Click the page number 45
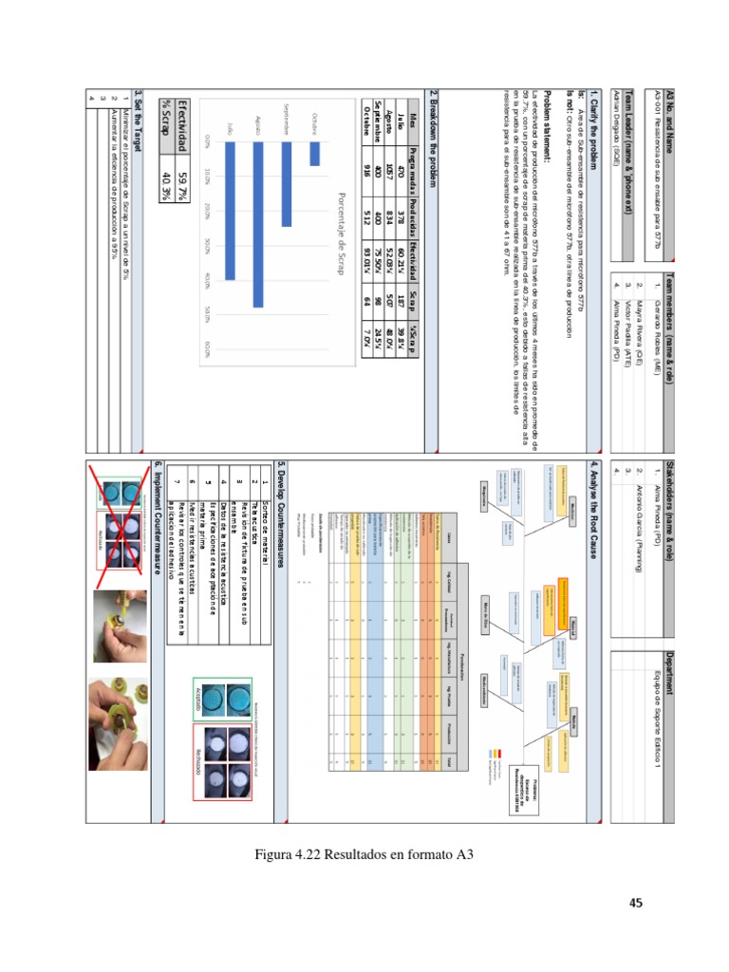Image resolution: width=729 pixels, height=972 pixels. click(636, 903)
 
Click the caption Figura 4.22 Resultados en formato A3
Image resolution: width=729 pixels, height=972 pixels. click(364, 854)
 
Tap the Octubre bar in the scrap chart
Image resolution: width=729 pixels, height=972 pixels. click(315, 154)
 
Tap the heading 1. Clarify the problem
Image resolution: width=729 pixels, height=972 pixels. click(595, 121)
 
